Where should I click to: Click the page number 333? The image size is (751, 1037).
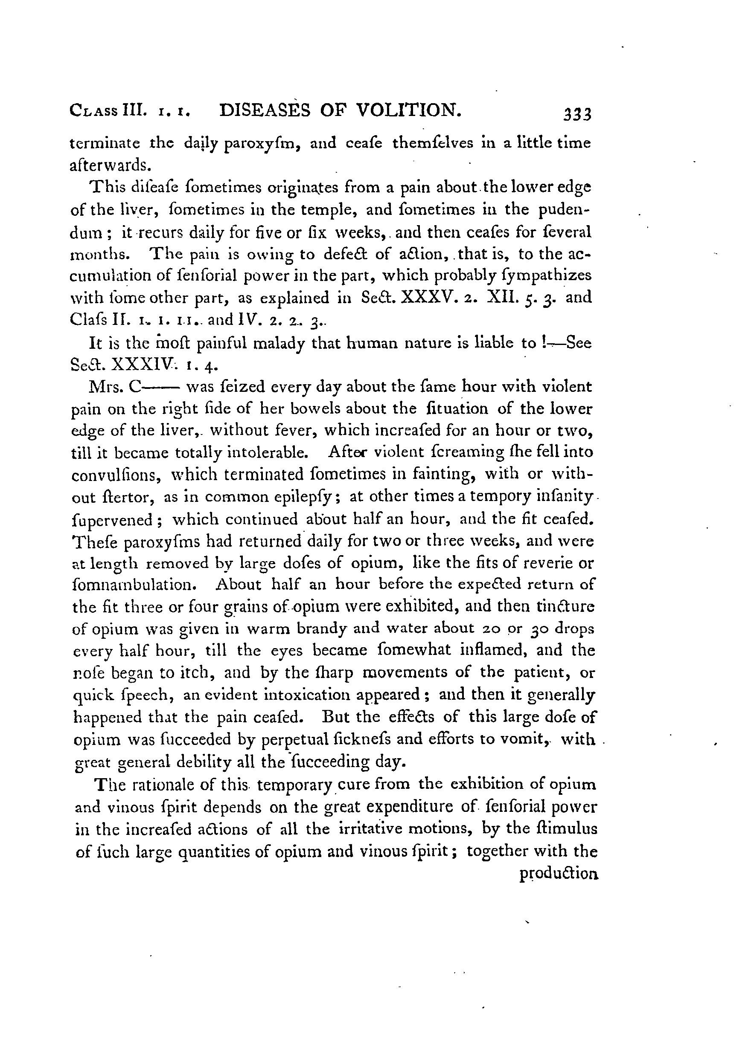[578, 114]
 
